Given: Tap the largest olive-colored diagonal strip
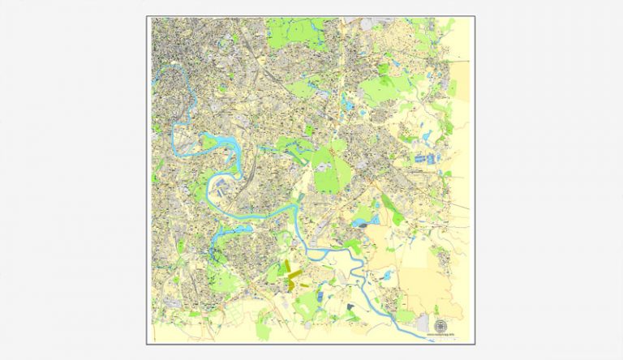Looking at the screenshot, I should click(294, 276).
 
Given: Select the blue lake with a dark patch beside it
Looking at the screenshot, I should click(362, 221).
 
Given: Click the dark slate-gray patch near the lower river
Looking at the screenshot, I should click(350, 306).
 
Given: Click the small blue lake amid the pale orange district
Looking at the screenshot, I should click(388, 276).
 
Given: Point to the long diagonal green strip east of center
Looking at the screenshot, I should click(393, 208).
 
